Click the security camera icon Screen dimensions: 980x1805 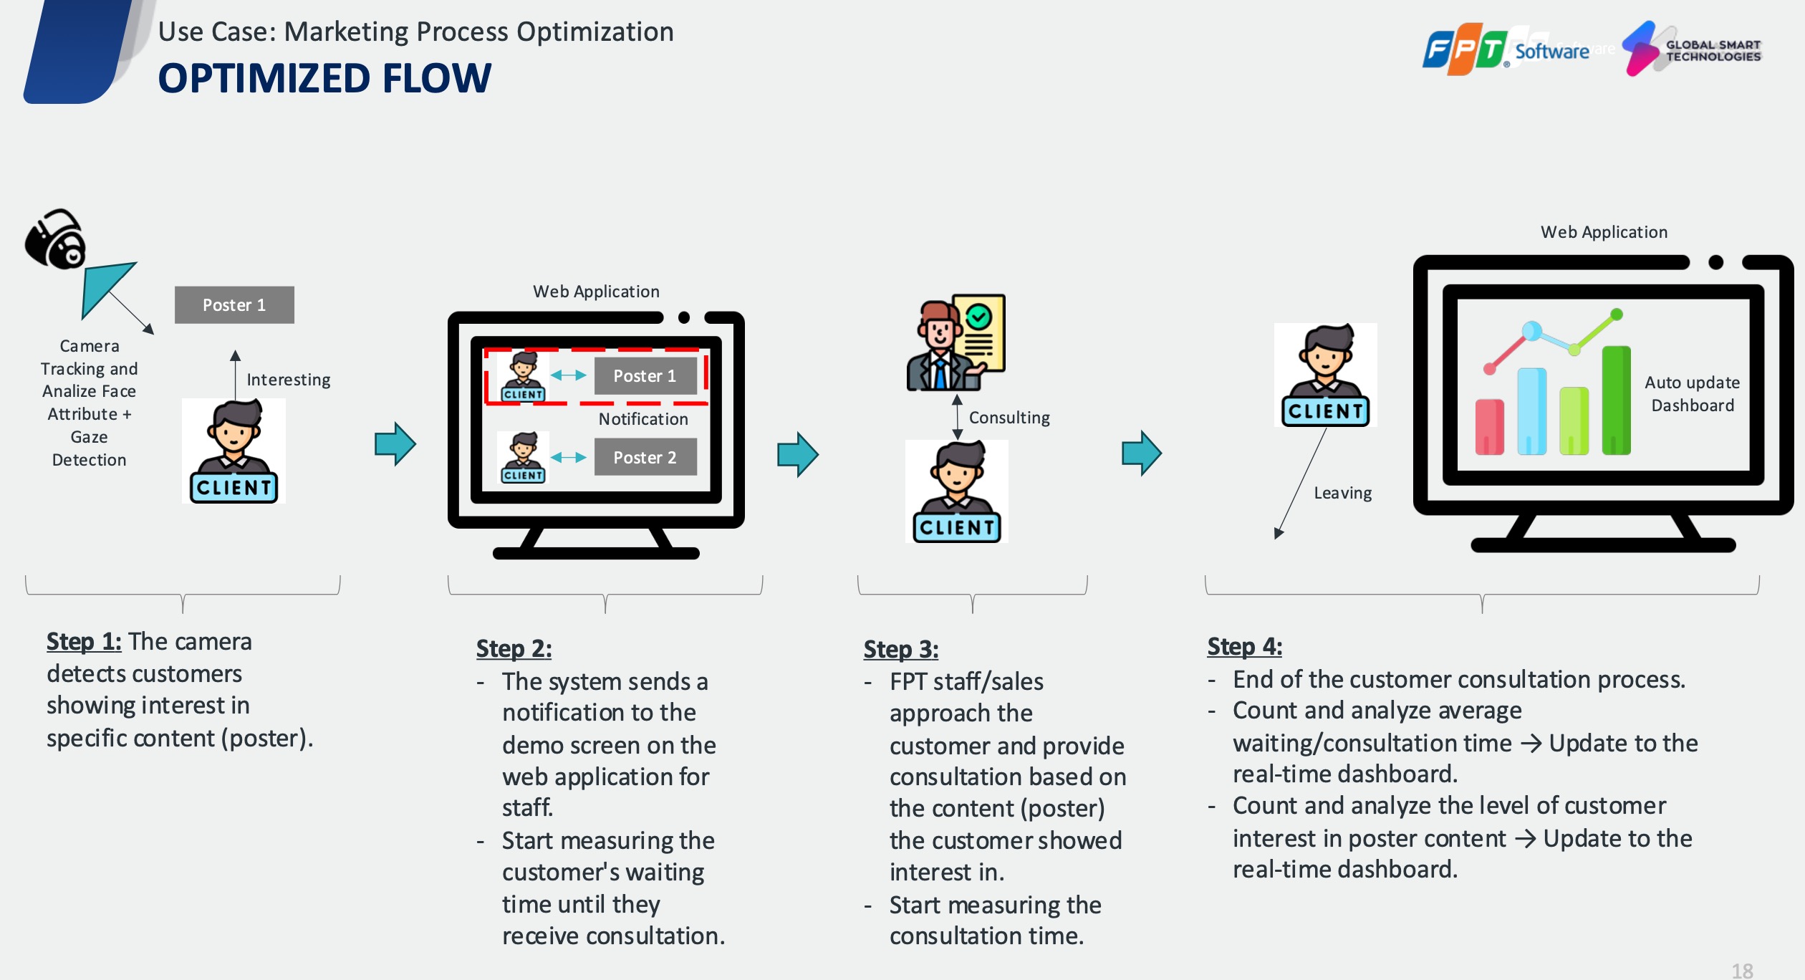(x=56, y=239)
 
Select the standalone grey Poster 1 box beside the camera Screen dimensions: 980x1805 (x=234, y=305)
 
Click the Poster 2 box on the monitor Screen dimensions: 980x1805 (x=645, y=457)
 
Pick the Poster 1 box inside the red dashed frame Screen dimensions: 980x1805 (x=645, y=376)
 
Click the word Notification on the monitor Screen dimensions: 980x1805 (x=643, y=419)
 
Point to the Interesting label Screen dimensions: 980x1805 (x=289, y=380)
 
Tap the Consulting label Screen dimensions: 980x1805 (x=1009, y=418)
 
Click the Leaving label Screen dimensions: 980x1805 (x=1343, y=493)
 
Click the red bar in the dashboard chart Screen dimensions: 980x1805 (x=1489, y=427)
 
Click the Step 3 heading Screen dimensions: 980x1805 (x=900, y=649)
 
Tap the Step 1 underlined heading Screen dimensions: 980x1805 (x=84, y=641)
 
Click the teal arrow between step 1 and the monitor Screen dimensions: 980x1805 (x=395, y=444)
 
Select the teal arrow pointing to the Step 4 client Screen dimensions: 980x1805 (x=1142, y=453)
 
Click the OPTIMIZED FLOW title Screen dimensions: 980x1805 (x=324, y=78)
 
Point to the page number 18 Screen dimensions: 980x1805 (x=1742, y=971)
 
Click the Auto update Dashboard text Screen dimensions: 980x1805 (x=1692, y=394)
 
